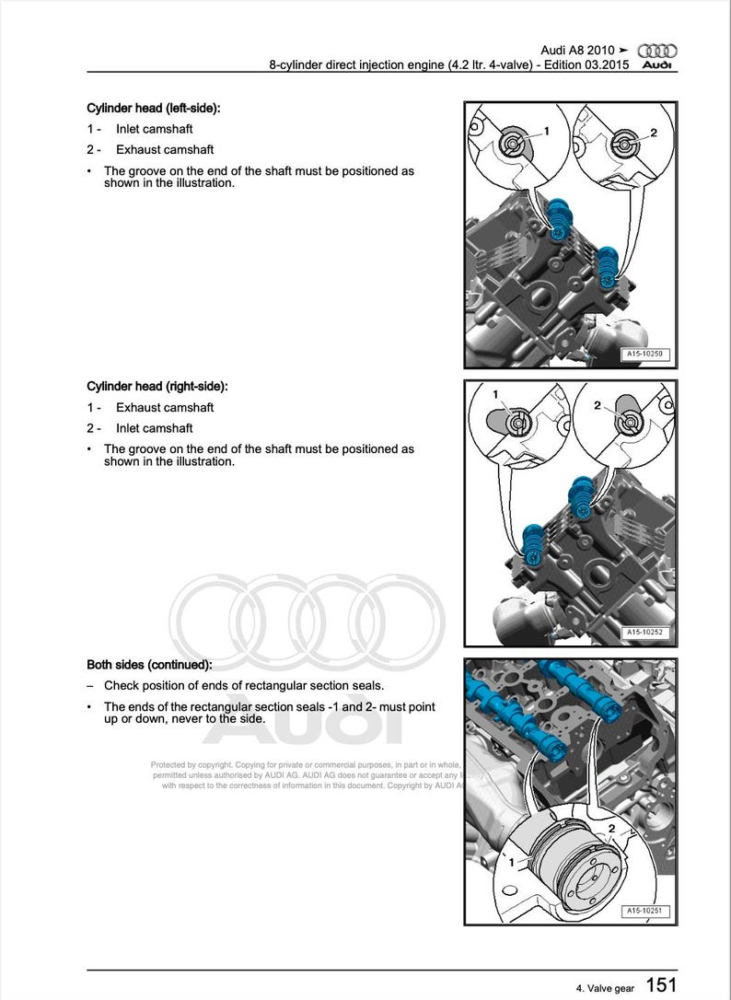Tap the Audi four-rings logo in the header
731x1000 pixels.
click(657, 52)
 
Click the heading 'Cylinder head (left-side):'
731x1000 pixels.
click(154, 109)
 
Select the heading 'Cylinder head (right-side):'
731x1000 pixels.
click(157, 387)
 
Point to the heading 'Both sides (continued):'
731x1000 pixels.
click(149, 664)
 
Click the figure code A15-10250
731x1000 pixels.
click(644, 354)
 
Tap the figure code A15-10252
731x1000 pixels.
click(644, 634)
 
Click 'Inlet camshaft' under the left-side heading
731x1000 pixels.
click(154, 130)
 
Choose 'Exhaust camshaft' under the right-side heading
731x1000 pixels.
click(164, 408)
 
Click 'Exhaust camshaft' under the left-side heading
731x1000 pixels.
click(164, 150)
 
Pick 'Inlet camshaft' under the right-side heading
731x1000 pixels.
click(154, 428)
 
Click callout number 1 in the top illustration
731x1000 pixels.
click(546, 132)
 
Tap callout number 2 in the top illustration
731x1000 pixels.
click(653, 133)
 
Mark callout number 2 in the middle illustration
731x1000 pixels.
click(598, 405)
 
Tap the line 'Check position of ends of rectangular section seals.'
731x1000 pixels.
click(244, 685)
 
